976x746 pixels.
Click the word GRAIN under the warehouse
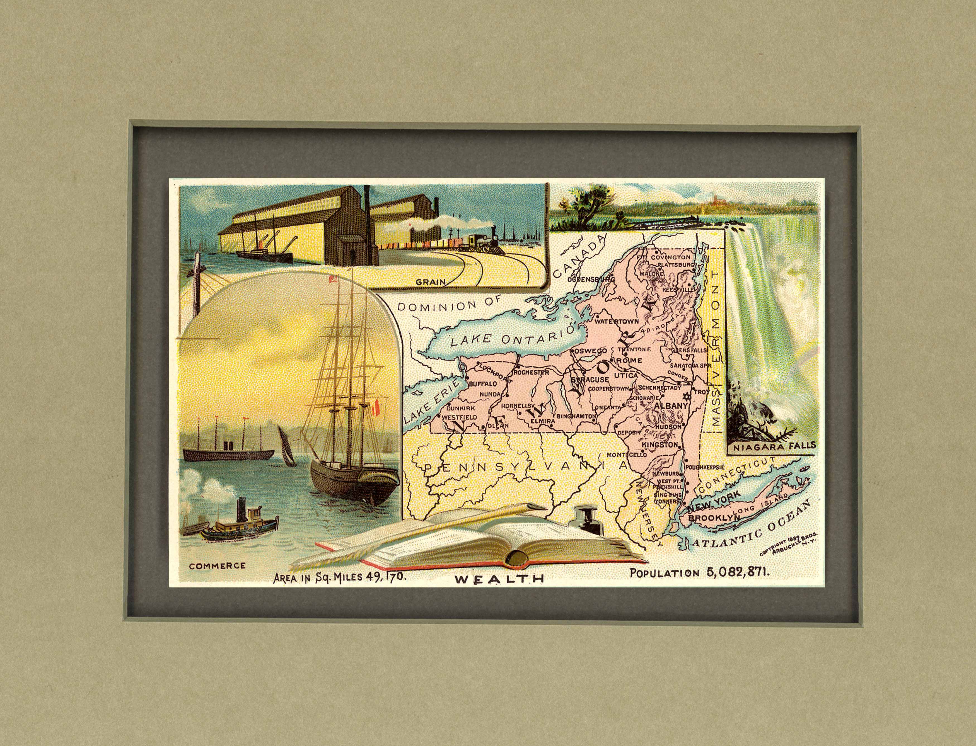point(431,281)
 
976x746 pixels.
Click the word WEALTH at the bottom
point(499,578)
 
